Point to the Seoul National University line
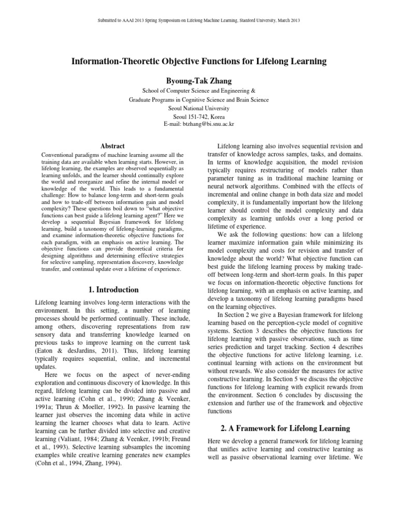pyautogui.click(x=198, y=108)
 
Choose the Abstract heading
pyautogui.click(x=112, y=146)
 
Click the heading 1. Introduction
pyautogui.click(x=112, y=289)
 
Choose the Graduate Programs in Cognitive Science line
pyautogui.click(x=198, y=99)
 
